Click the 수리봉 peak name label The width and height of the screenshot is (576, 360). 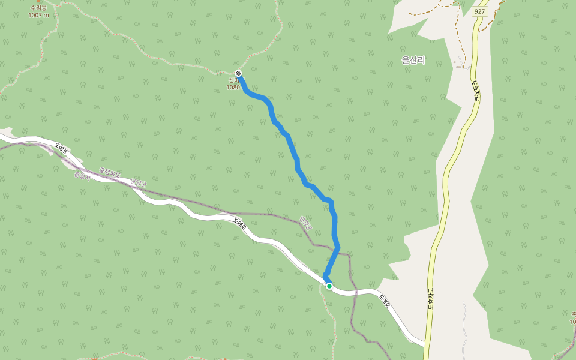(38, 8)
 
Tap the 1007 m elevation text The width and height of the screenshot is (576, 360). (38, 15)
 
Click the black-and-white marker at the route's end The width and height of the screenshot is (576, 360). (239, 74)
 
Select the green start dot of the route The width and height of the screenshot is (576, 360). (329, 286)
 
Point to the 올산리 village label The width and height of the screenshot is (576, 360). (413, 60)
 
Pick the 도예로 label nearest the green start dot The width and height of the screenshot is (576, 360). (384, 300)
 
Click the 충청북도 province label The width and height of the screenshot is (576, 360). (110, 173)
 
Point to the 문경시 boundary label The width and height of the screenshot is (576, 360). (80, 176)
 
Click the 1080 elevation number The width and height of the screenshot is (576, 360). (233, 88)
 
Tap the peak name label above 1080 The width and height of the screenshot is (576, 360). (233, 80)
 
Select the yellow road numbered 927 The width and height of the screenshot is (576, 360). (447, 180)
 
